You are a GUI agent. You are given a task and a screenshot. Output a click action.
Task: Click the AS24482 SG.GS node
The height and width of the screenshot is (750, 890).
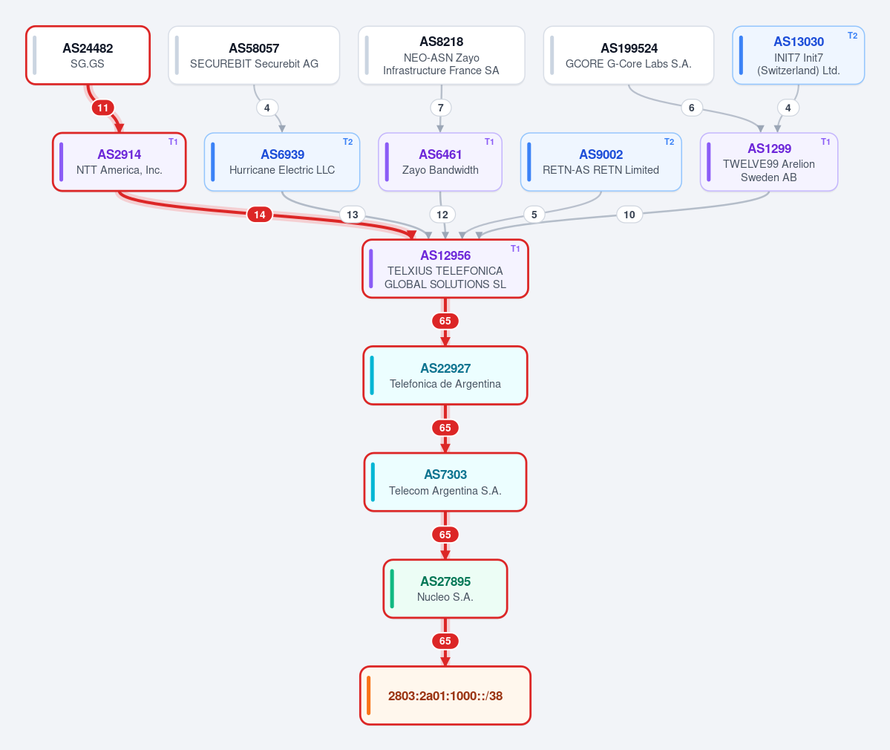tap(88, 55)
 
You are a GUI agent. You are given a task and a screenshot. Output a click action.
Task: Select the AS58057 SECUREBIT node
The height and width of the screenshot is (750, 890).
tap(254, 55)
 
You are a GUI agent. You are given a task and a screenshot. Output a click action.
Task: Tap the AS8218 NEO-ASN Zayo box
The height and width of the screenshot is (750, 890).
tap(441, 55)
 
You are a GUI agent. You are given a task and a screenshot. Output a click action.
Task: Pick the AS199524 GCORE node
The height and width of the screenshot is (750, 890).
tap(628, 55)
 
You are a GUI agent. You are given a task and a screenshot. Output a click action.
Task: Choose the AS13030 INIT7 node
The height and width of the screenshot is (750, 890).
tap(798, 55)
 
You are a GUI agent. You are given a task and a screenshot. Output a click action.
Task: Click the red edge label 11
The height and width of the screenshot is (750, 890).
tap(102, 108)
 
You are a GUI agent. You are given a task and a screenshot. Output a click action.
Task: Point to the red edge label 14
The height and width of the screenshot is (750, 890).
tap(259, 215)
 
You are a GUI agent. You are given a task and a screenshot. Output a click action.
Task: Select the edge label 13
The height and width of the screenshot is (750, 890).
tap(353, 215)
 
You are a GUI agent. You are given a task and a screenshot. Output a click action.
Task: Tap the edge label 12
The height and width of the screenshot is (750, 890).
tap(442, 215)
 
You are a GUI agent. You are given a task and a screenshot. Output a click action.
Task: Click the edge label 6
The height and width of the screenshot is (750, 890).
tap(691, 108)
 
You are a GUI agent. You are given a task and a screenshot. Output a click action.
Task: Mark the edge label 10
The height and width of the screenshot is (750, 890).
tap(629, 215)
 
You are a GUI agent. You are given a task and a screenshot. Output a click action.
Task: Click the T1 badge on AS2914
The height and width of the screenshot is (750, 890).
tap(173, 142)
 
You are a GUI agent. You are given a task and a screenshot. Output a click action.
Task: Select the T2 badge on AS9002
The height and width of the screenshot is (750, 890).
tap(670, 142)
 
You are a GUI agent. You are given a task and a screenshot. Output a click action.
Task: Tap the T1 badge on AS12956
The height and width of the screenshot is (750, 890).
tap(515, 249)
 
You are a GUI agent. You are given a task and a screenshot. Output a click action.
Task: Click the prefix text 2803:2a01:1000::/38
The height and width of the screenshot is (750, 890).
tap(445, 696)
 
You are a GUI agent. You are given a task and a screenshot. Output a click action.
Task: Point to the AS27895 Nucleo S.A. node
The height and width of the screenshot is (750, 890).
tap(445, 589)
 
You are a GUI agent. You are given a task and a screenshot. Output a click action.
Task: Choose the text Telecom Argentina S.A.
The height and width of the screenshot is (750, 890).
tap(445, 491)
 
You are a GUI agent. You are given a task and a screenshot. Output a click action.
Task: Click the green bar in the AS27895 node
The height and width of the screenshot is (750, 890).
tap(392, 589)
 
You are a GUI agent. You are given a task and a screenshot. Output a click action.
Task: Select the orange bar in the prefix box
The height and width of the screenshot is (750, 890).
tap(369, 696)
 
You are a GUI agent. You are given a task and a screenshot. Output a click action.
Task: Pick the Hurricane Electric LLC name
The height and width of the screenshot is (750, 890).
tap(282, 170)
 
